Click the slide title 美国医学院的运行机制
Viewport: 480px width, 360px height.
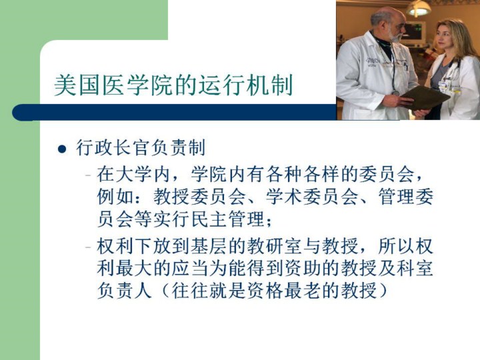(x=173, y=85)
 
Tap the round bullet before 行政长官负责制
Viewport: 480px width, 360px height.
(x=62, y=149)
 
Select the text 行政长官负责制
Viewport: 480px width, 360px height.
(x=141, y=147)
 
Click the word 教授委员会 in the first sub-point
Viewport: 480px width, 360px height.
(x=199, y=197)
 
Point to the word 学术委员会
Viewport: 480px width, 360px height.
(x=311, y=197)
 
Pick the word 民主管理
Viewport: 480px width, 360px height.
(x=227, y=219)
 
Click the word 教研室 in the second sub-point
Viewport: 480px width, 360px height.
(x=275, y=246)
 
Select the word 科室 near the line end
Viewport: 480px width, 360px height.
(x=415, y=268)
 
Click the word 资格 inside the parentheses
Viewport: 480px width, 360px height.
(x=265, y=291)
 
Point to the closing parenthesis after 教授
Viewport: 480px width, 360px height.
(x=383, y=291)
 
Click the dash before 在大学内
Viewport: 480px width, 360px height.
(x=88, y=175)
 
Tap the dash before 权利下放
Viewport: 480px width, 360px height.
(x=88, y=247)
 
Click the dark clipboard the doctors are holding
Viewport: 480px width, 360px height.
(x=425, y=97)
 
